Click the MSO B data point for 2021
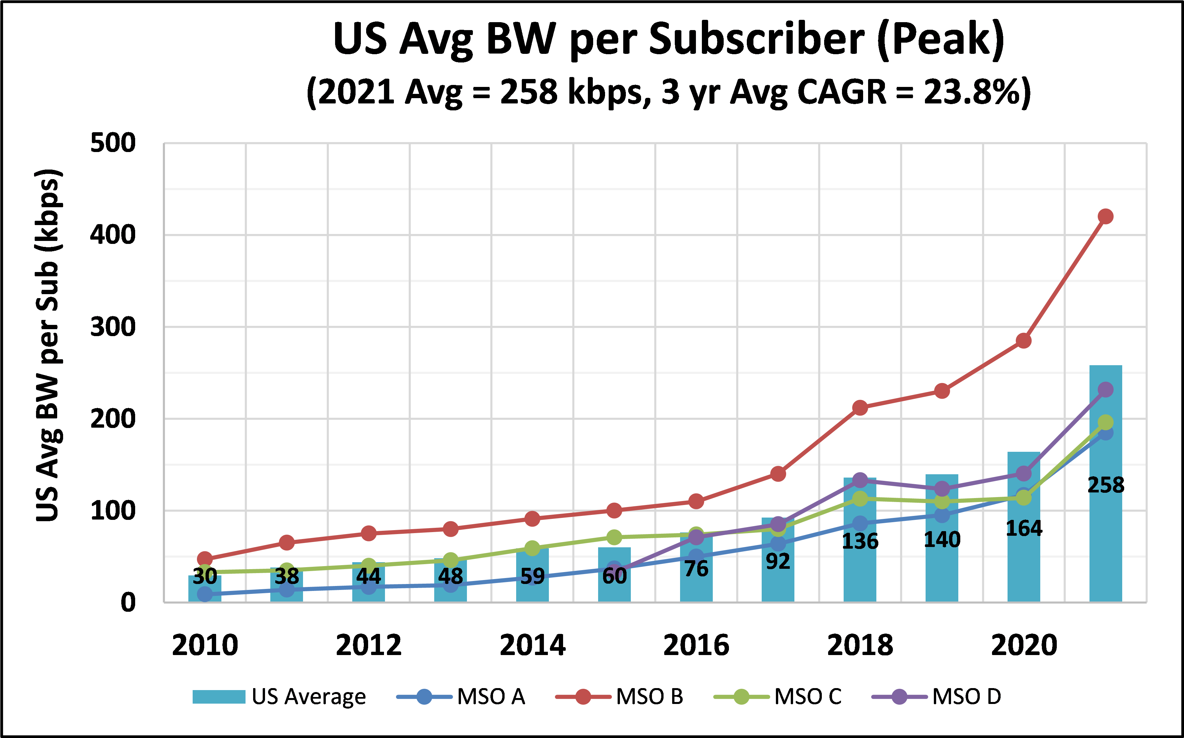tap(1105, 216)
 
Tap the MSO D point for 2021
tap(1105, 390)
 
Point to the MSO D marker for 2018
tap(860, 480)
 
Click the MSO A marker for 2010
tap(205, 594)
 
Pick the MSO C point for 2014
tap(532, 548)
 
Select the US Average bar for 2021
tap(1105, 537)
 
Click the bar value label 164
tap(1024, 528)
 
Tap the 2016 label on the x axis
tap(696, 645)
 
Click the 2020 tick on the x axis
tap(1024, 645)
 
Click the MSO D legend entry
tap(937, 696)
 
